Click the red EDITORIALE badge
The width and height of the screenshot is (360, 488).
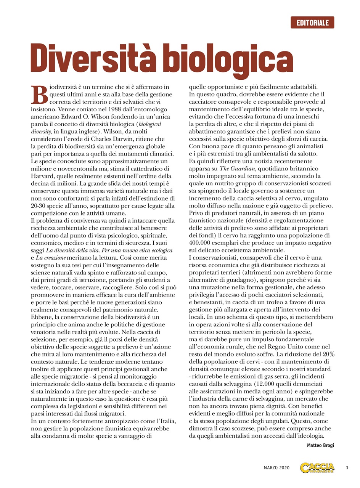[x=312, y=22]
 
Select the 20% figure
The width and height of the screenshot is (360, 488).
[x=327, y=354]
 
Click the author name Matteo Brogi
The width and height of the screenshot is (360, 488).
[x=320, y=445]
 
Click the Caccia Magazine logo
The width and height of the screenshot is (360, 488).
[x=317, y=467]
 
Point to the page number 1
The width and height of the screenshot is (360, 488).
[x=347, y=467]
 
